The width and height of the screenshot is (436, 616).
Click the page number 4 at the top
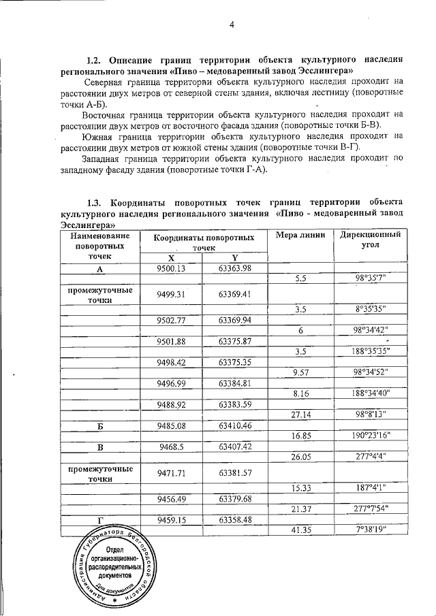point(231,25)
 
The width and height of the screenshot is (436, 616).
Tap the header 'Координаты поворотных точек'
point(204,244)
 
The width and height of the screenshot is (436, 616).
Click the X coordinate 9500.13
point(171,268)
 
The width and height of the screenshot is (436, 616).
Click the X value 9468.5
point(171,447)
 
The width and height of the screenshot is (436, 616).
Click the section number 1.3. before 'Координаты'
point(98,202)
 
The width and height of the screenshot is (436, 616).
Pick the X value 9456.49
point(171,498)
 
